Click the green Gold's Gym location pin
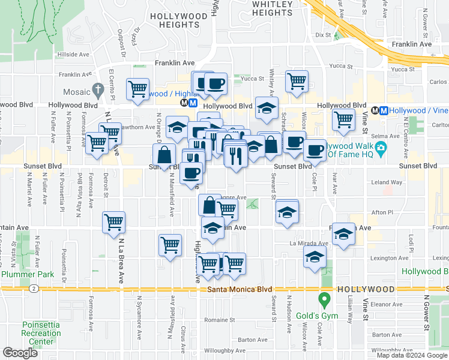(x=325, y=298)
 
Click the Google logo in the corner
(x=20, y=353)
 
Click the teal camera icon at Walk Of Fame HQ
(x=379, y=148)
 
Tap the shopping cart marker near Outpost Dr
(x=138, y=89)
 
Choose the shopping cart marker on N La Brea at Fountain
(x=113, y=223)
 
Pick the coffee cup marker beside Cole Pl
(x=315, y=151)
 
